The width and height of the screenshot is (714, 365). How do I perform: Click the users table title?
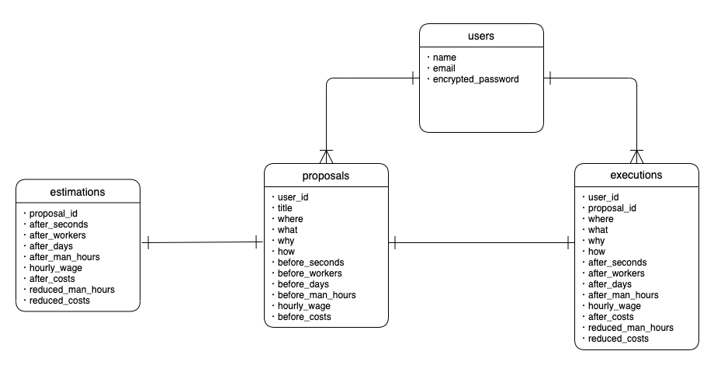click(x=481, y=36)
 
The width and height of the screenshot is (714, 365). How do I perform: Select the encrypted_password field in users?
click(x=476, y=79)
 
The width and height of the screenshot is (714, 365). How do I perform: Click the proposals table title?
click(x=326, y=176)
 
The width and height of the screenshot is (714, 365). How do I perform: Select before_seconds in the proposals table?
click(x=310, y=262)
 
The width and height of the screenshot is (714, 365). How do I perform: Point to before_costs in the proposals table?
click(x=304, y=317)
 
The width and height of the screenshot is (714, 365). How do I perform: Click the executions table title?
click(x=636, y=176)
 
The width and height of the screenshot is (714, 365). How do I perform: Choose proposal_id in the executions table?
click(x=612, y=208)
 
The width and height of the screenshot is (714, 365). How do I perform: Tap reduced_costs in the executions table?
click(x=619, y=339)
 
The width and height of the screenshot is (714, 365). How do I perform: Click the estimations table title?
click(x=78, y=191)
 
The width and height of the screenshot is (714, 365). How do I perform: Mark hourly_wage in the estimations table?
click(x=56, y=268)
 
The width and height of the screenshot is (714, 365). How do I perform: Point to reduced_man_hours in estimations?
click(x=69, y=290)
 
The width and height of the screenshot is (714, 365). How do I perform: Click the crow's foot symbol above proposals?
click(x=326, y=155)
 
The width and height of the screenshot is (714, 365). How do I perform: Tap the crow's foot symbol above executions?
click(x=636, y=155)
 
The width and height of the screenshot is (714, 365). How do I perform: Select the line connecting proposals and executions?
click(x=481, y=243)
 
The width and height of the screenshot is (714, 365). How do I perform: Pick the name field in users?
click(x=445, y=57)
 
